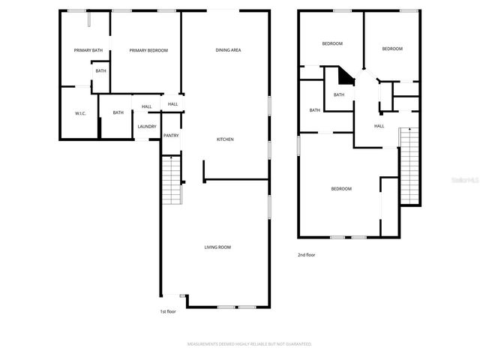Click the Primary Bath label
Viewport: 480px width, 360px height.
[88, 50]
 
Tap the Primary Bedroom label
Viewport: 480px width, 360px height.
[148, 50]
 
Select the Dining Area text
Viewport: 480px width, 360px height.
[228, 50]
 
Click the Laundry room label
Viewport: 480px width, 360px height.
[146, 126]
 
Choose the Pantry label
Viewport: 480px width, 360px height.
[171, 136]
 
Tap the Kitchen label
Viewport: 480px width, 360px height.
[226, 139]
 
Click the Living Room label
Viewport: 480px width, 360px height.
[217, 247]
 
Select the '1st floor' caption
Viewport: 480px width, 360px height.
[167, 311]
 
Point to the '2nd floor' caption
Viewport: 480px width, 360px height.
[306, 255]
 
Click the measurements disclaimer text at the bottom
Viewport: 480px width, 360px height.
[249, 343]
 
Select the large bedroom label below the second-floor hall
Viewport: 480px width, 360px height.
[341, 188]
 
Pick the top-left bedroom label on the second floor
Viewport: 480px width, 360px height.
[332, 43]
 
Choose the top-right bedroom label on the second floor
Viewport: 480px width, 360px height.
[392, 49]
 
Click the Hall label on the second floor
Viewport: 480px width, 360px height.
[379, 126]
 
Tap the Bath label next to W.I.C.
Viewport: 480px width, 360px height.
[118, 113]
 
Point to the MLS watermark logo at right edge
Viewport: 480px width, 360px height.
[468, 180]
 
